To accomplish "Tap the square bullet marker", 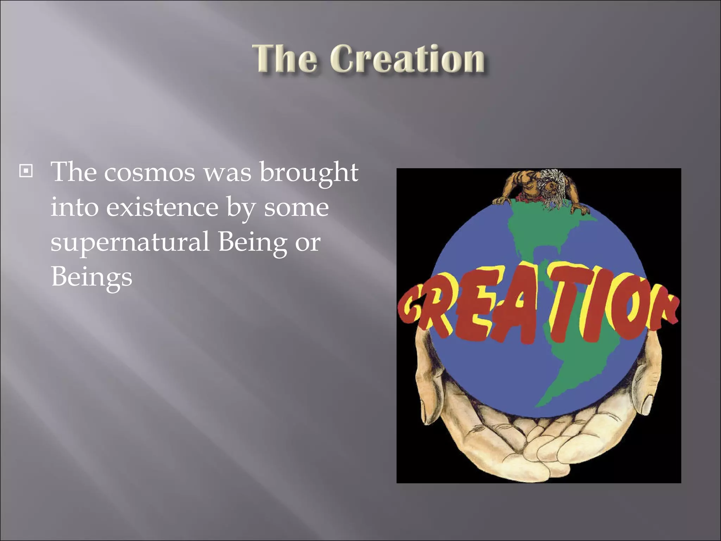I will coord(26,171).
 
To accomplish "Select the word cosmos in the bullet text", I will coord(149,172).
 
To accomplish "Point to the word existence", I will coord(162,207).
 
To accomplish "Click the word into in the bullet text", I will coord(74,207).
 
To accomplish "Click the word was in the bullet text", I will coord(227,172).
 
